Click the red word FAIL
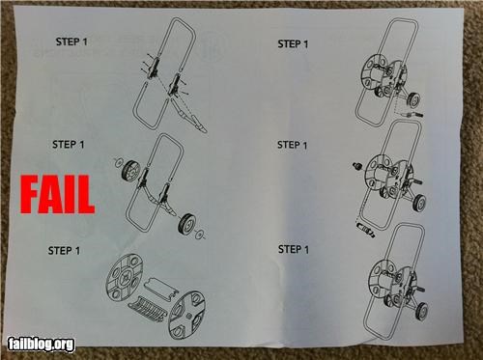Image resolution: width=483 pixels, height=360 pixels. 57,194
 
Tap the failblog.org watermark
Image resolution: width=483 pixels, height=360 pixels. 41,345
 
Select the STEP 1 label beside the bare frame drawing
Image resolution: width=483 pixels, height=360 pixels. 71,42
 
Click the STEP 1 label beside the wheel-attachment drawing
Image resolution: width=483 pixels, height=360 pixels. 68,145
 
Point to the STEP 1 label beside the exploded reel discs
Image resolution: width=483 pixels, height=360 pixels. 64,250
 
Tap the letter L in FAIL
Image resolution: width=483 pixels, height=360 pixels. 87,194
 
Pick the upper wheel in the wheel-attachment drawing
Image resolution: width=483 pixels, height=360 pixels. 130,170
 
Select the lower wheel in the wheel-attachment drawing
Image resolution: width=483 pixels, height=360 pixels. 186,223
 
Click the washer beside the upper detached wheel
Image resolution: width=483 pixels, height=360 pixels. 119,162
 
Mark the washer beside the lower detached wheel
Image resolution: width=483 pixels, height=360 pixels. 199,235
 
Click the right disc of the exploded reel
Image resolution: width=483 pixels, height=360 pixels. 186,316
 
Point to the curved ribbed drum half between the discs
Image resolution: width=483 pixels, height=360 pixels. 147,307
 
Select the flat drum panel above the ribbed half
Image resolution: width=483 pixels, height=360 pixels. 159,288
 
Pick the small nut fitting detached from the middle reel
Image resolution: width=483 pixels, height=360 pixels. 357,167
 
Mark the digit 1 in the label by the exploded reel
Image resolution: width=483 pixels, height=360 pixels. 77,251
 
